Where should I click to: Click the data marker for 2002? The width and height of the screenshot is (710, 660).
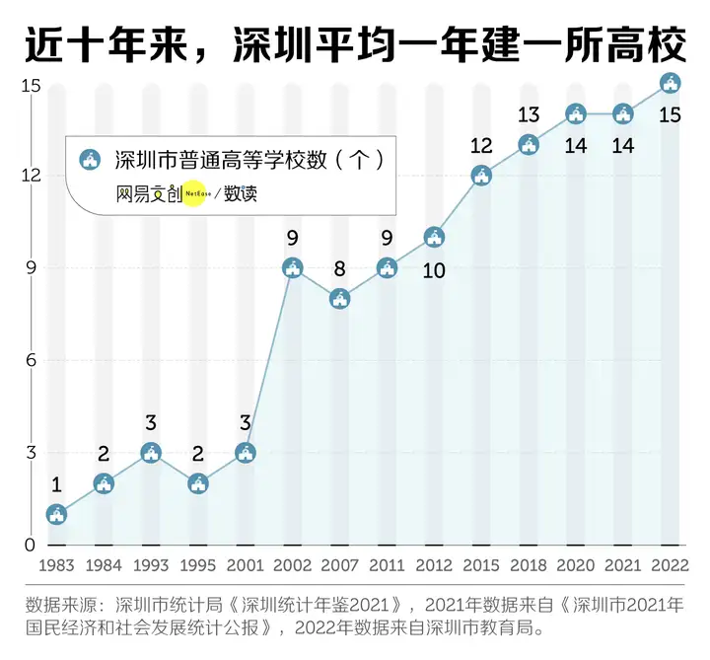click(292, 267)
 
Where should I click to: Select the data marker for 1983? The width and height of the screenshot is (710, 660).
click(57, 514)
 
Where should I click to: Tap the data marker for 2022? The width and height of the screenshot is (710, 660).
click(670, 83)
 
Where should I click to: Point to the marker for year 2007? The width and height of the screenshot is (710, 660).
click(339, 298)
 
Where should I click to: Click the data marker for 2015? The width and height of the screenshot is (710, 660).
click(481, 176)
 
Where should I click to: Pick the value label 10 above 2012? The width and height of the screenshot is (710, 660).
click(434, 269)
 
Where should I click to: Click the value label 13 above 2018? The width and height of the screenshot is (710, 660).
click(529, 115)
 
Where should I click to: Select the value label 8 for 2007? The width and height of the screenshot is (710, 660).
click(339, 268)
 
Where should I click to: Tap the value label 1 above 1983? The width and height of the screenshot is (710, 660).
click(57, 484)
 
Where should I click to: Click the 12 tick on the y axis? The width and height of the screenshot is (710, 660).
click(32, 176)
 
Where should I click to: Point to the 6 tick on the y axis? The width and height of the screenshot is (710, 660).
click(32, 360)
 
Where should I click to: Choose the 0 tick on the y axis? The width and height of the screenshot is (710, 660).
click(32, 545)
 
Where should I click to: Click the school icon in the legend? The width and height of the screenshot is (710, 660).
click(91, 159)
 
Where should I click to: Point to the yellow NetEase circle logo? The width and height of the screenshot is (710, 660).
click(194, 194)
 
